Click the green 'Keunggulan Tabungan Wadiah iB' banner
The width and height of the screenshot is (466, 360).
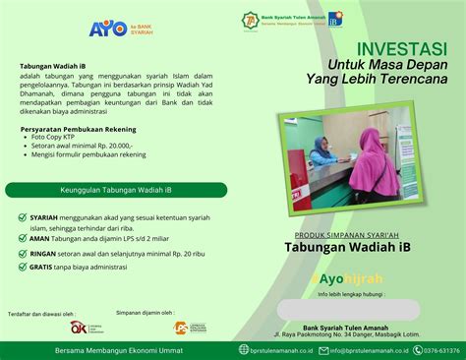pyautogui.click(x=116, y=190)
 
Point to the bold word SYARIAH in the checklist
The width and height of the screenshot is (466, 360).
pyautogui.click(x=43, y=214)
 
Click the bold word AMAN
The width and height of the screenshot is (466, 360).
pyautogui.click(x=39, y=235)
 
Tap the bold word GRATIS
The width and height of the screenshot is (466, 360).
pyautogui.click(x=42, y=265)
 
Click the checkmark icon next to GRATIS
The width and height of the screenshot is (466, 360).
pyautogui.click(x=23, y=265)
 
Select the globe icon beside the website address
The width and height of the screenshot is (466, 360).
pyautogui.click(x=244, y=349)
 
